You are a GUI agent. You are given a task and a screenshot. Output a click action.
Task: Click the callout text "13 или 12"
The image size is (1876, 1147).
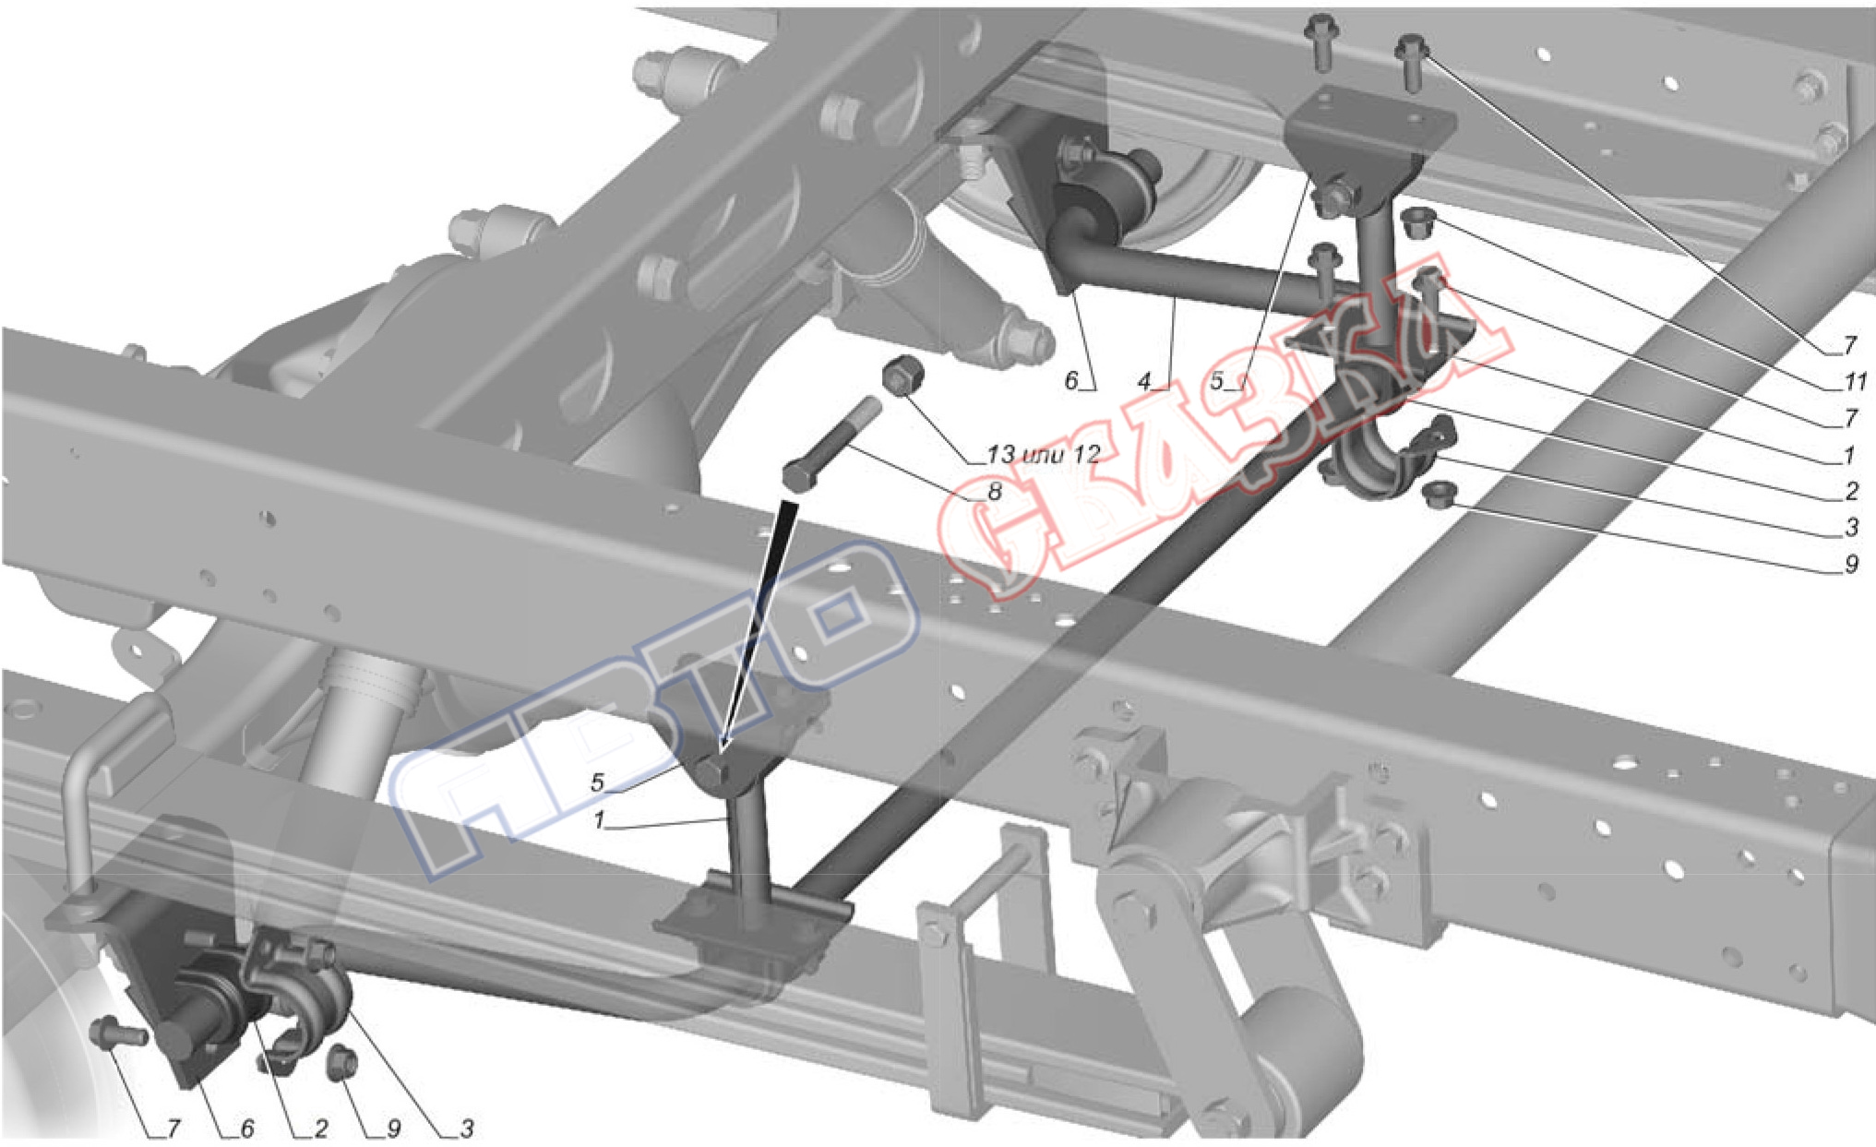tap(1043, 454)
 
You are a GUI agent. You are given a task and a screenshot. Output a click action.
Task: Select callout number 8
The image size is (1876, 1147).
tap(994, 492)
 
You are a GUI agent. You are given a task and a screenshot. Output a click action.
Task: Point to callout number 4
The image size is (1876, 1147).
tap(1145, 381)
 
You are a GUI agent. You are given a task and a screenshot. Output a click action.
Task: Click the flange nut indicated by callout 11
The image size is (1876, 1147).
tap(1414, 223)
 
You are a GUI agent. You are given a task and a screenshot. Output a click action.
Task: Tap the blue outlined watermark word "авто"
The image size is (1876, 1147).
tap(646, 711)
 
